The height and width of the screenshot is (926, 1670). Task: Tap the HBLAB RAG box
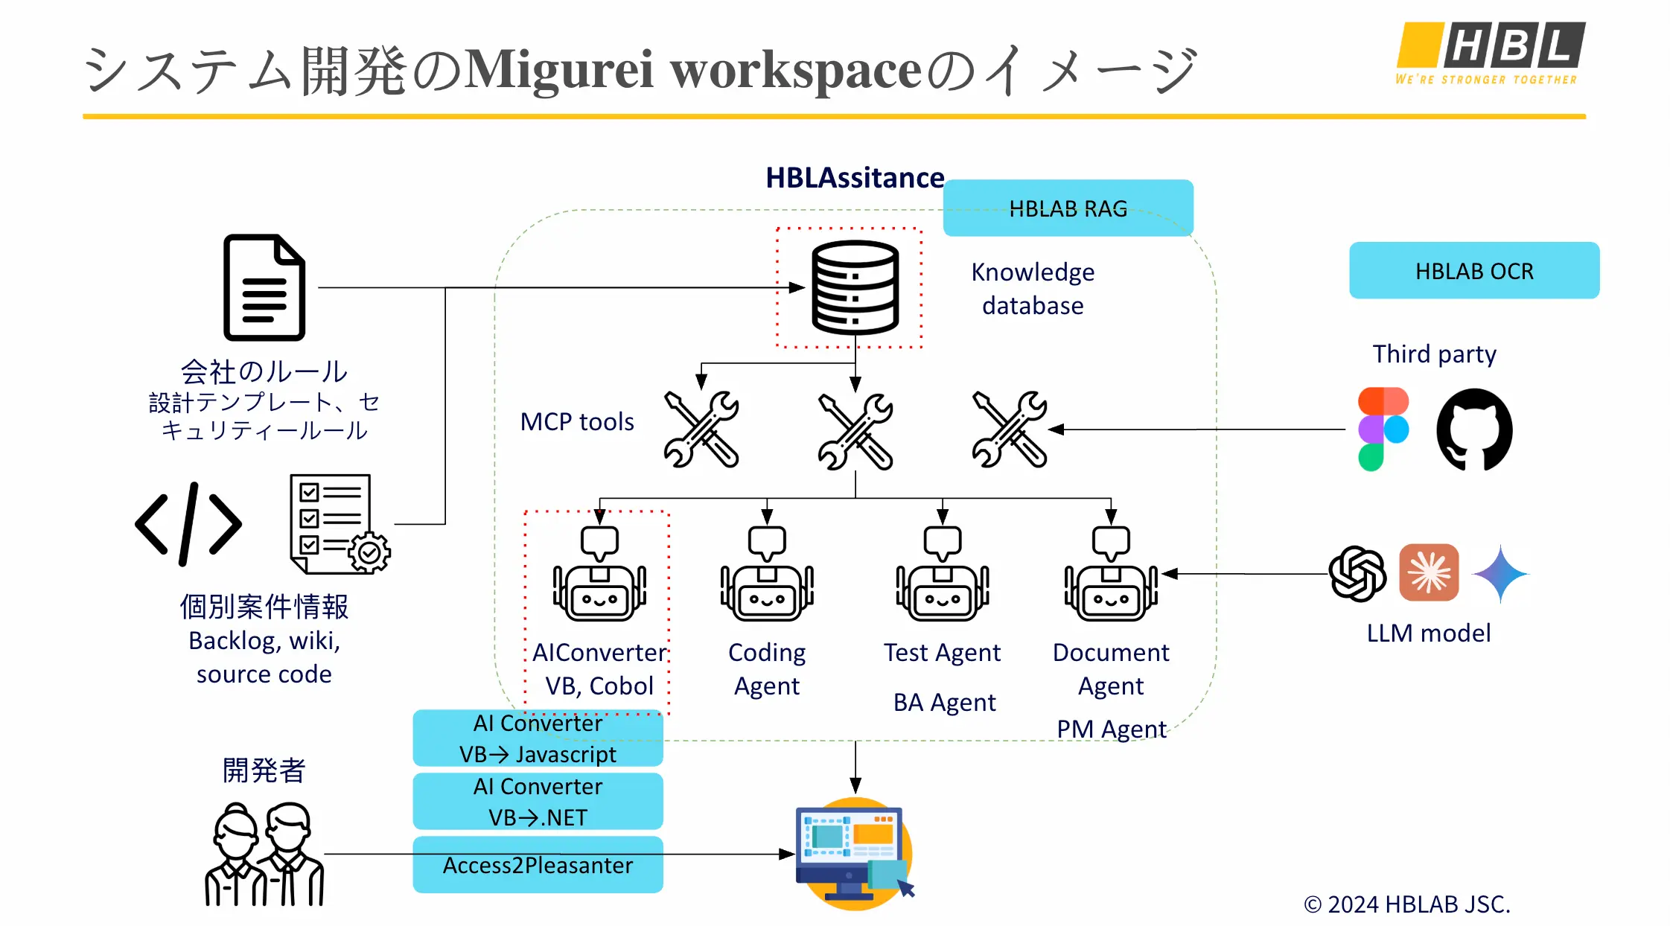pyautogui.click(x=1068, y=208)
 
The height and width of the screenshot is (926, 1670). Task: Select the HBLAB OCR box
pyautogui.click(x=1473, y=271)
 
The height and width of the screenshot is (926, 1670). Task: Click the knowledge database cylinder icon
pyautogui.click(x=855, y=287)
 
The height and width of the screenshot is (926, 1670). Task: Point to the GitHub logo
pyautogui.click(x=1473, y=430)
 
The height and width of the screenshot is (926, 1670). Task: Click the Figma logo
pyautogui.click(x=1383, y=430)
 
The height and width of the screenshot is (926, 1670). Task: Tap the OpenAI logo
pyautogui.click(x=1357, y=573)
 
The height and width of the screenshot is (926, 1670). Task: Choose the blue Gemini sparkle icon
pyautogui.click(x=1500, y=573)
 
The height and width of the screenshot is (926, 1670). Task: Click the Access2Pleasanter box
pyautogui.click(x=538, y=865)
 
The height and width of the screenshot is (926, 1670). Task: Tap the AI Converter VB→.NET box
pyautogui.click(x=538, y=802)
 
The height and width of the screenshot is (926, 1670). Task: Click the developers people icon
pyautogui.click(x=264, y=854)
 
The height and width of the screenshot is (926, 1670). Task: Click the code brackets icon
pyautogui.click(x=188, y=524)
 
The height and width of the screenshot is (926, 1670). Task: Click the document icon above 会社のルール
pyautogui.click(x=264, y=287)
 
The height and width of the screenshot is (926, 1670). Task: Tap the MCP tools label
pyautogui.click(x=577, y=422)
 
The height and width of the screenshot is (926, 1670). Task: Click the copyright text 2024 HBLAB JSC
pyautogui.click(x=1406, y=904)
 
